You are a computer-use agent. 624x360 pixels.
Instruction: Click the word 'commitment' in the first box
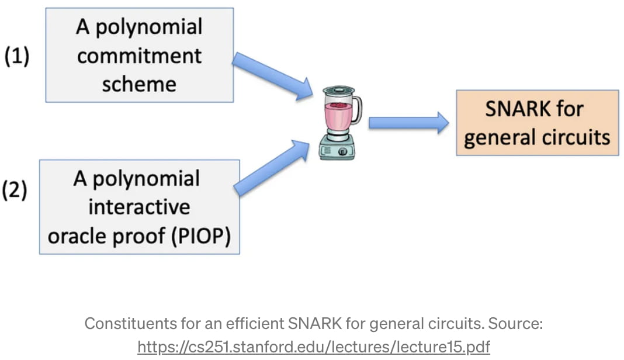[139, 56]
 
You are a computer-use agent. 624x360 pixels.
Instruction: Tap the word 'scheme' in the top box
[139, 84]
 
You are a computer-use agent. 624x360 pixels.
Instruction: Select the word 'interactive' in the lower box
[139, 207]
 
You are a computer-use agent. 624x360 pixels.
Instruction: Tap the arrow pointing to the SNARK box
[408, 123]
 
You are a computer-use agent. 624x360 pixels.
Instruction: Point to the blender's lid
[339, 91]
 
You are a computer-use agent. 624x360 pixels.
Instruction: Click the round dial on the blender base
[342, 151]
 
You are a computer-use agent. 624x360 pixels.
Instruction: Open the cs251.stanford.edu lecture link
[313, 347]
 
